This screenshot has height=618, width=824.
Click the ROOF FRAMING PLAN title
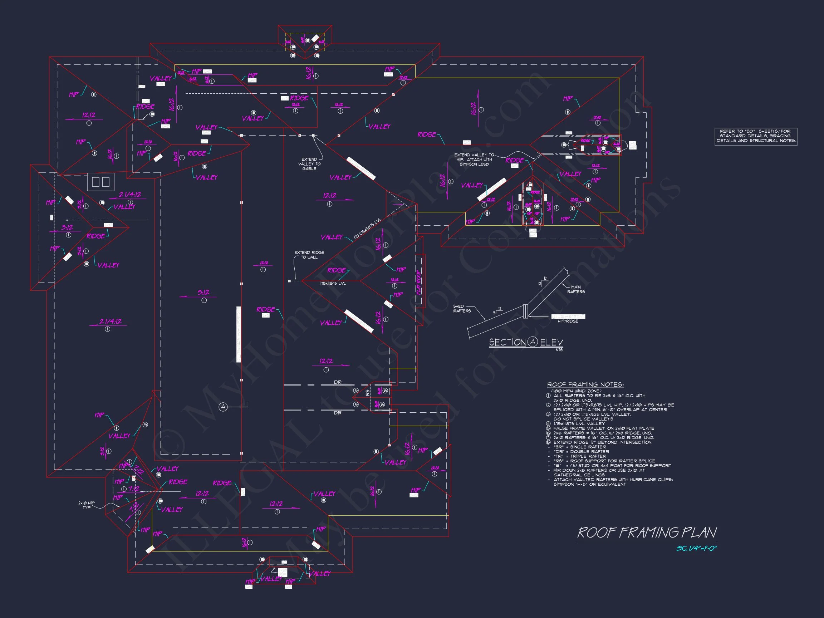tap(647, 533)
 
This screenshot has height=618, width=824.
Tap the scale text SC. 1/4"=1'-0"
tap(696, 549)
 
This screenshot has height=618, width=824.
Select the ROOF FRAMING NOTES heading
tap(585, 384)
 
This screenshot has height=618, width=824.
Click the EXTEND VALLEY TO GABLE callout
tap(309, 164)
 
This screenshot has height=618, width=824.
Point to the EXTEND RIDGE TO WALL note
tap(309, 255)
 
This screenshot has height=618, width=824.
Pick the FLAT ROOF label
tap(419, 282)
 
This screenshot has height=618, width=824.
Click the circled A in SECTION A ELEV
tap(533, 342)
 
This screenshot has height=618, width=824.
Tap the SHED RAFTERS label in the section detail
tap(462, 308)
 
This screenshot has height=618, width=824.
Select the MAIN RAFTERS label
tap(576, 289)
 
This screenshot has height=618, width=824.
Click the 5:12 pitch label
tap(203, 293)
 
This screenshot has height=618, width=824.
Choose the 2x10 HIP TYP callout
tap(87, 505)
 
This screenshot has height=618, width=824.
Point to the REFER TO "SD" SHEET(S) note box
tap(756, 136)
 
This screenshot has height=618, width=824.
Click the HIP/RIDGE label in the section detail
tap(568, 321)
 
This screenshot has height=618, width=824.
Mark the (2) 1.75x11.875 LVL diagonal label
tap(368, 228)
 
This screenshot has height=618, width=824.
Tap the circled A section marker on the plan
tap(223, 407)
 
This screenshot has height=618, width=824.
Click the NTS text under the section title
tap(559, 350)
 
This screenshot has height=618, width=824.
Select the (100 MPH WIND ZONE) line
tap(576, 391)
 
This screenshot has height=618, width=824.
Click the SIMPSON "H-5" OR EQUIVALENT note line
tap(589, 484)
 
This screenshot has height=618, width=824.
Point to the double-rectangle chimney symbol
tap(100, 182)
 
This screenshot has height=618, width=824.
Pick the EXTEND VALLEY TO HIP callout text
tap(474, 160)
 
